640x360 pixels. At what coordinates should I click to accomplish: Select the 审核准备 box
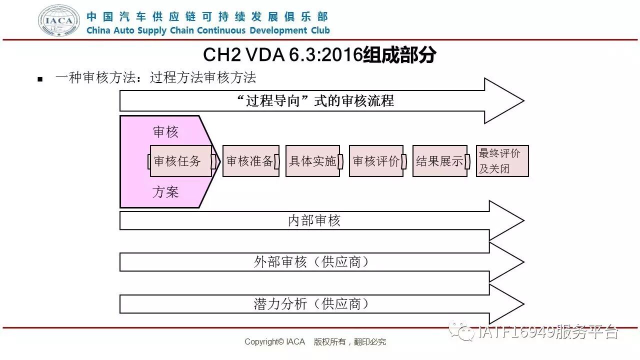coord(250,161)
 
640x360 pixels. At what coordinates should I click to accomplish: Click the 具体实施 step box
coord(313,161)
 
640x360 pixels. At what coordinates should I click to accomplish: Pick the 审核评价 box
coord(376,161)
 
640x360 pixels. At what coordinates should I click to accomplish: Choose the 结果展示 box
coord(440,161)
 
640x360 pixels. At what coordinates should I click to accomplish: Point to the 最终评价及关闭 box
coord(501,161)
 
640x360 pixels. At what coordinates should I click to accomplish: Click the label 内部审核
coord(314,220)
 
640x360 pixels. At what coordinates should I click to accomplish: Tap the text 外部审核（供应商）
coord(311,262)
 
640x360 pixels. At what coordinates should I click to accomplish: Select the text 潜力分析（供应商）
coord(311,304)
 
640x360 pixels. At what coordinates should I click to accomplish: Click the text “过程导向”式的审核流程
coord(315,101)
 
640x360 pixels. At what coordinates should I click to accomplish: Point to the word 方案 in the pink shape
coord(165,192)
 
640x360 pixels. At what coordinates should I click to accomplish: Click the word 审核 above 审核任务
coord(165,132)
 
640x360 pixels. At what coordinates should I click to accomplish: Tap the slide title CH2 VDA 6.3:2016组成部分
coord(319,55)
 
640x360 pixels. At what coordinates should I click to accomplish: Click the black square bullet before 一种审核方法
coord(40,79)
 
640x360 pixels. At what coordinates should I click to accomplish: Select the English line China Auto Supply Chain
coord(208,30)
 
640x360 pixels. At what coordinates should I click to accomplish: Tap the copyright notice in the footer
coord(315,342)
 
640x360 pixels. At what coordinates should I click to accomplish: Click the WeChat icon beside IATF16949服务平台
coord(461,331)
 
